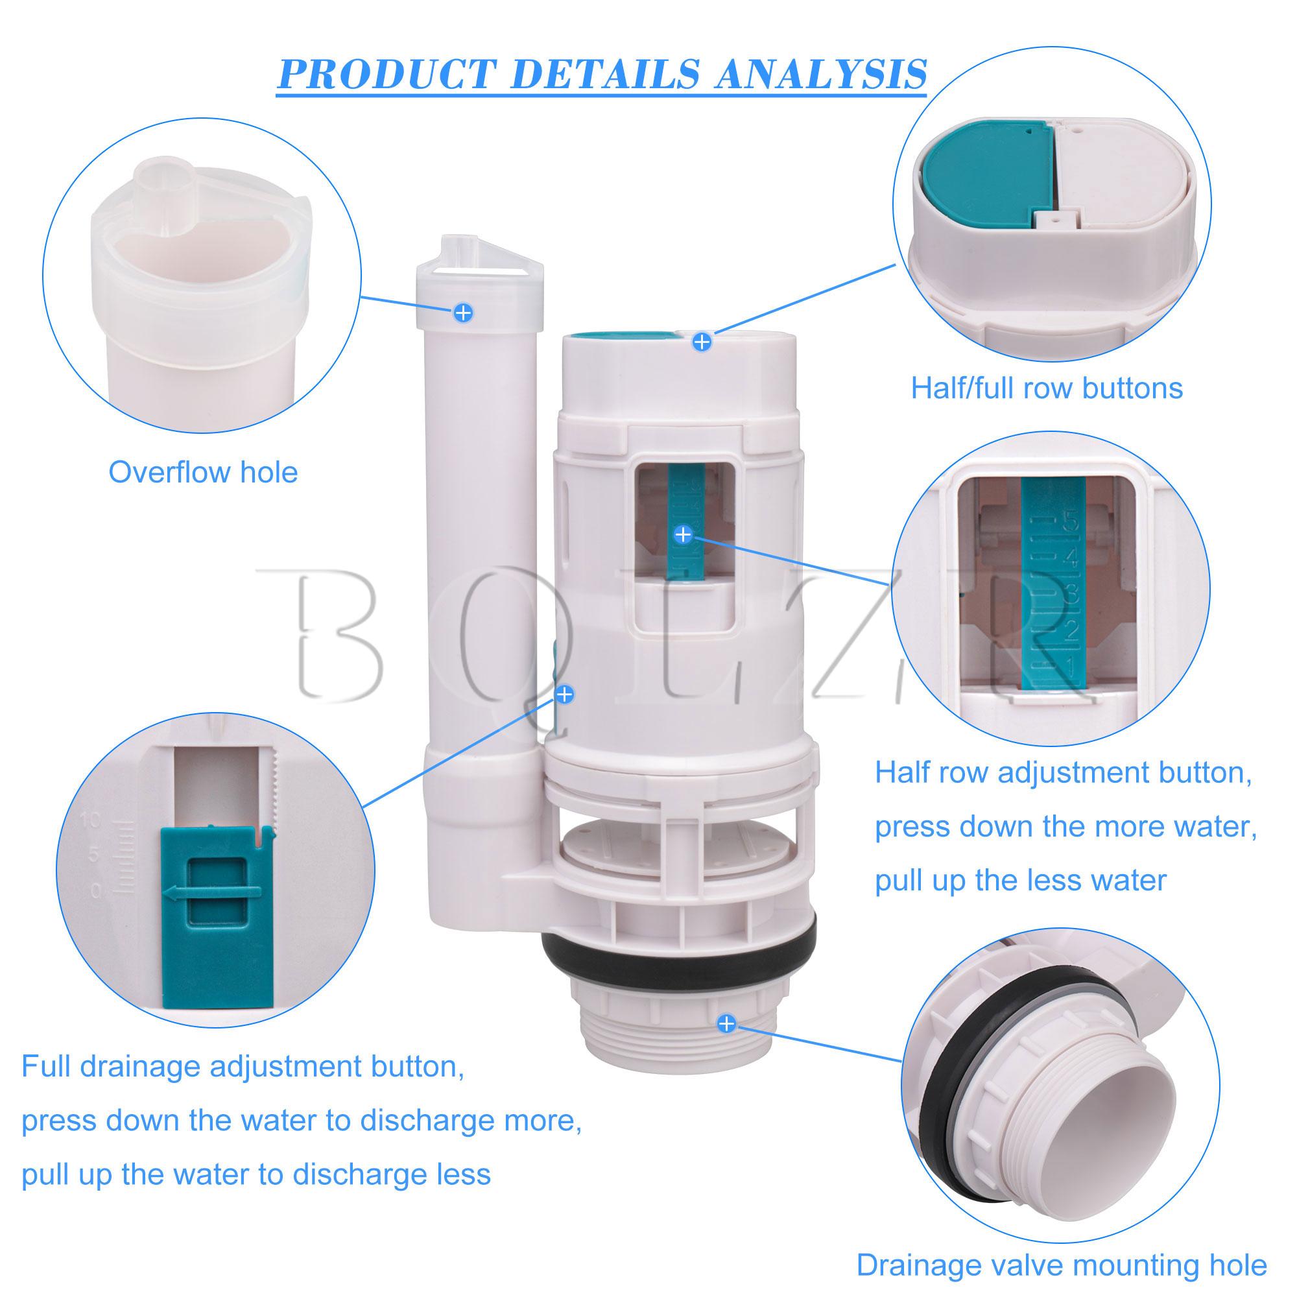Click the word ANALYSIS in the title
820,75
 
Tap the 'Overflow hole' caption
203,473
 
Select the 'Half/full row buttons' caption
1047,388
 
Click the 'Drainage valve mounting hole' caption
1062,1265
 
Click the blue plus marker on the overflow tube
463,312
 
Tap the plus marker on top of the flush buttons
702,342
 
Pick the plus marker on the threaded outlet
726,1043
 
